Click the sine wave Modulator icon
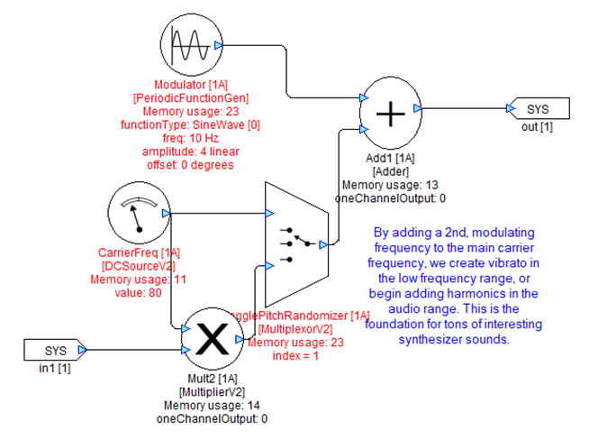click(190, 45)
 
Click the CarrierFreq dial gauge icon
click(139, 213)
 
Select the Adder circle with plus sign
click(390, 114)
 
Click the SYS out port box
click(540, 109)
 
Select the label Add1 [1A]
click(390, 157)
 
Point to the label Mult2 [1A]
click(210, 379)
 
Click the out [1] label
click(538, 126)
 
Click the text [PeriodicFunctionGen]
click(190, 97)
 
